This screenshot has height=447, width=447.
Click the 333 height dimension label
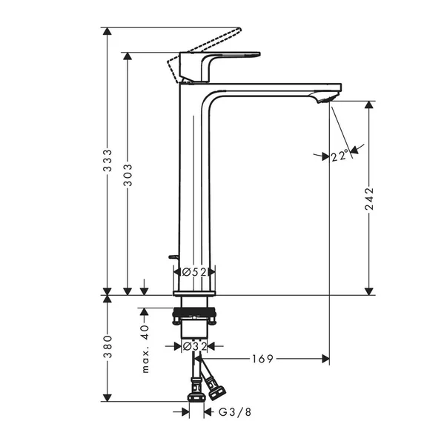tap(107, 162)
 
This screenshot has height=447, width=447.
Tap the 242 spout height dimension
tap(369, 199)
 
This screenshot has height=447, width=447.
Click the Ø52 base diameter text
tap(193, 272)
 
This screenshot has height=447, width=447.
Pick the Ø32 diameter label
tap(193, 345)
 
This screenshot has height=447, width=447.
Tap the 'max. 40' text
tap(145, 348)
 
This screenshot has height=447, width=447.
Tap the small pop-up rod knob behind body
tap(173, 257)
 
